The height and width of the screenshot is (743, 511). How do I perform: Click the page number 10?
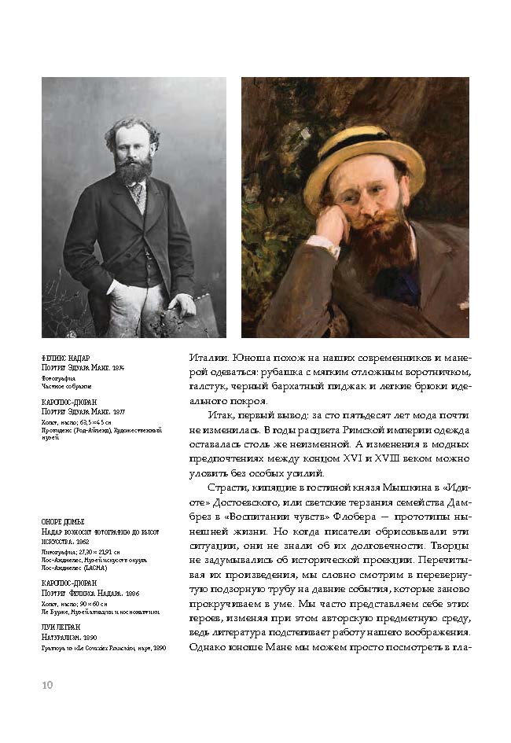pos(47,685)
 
